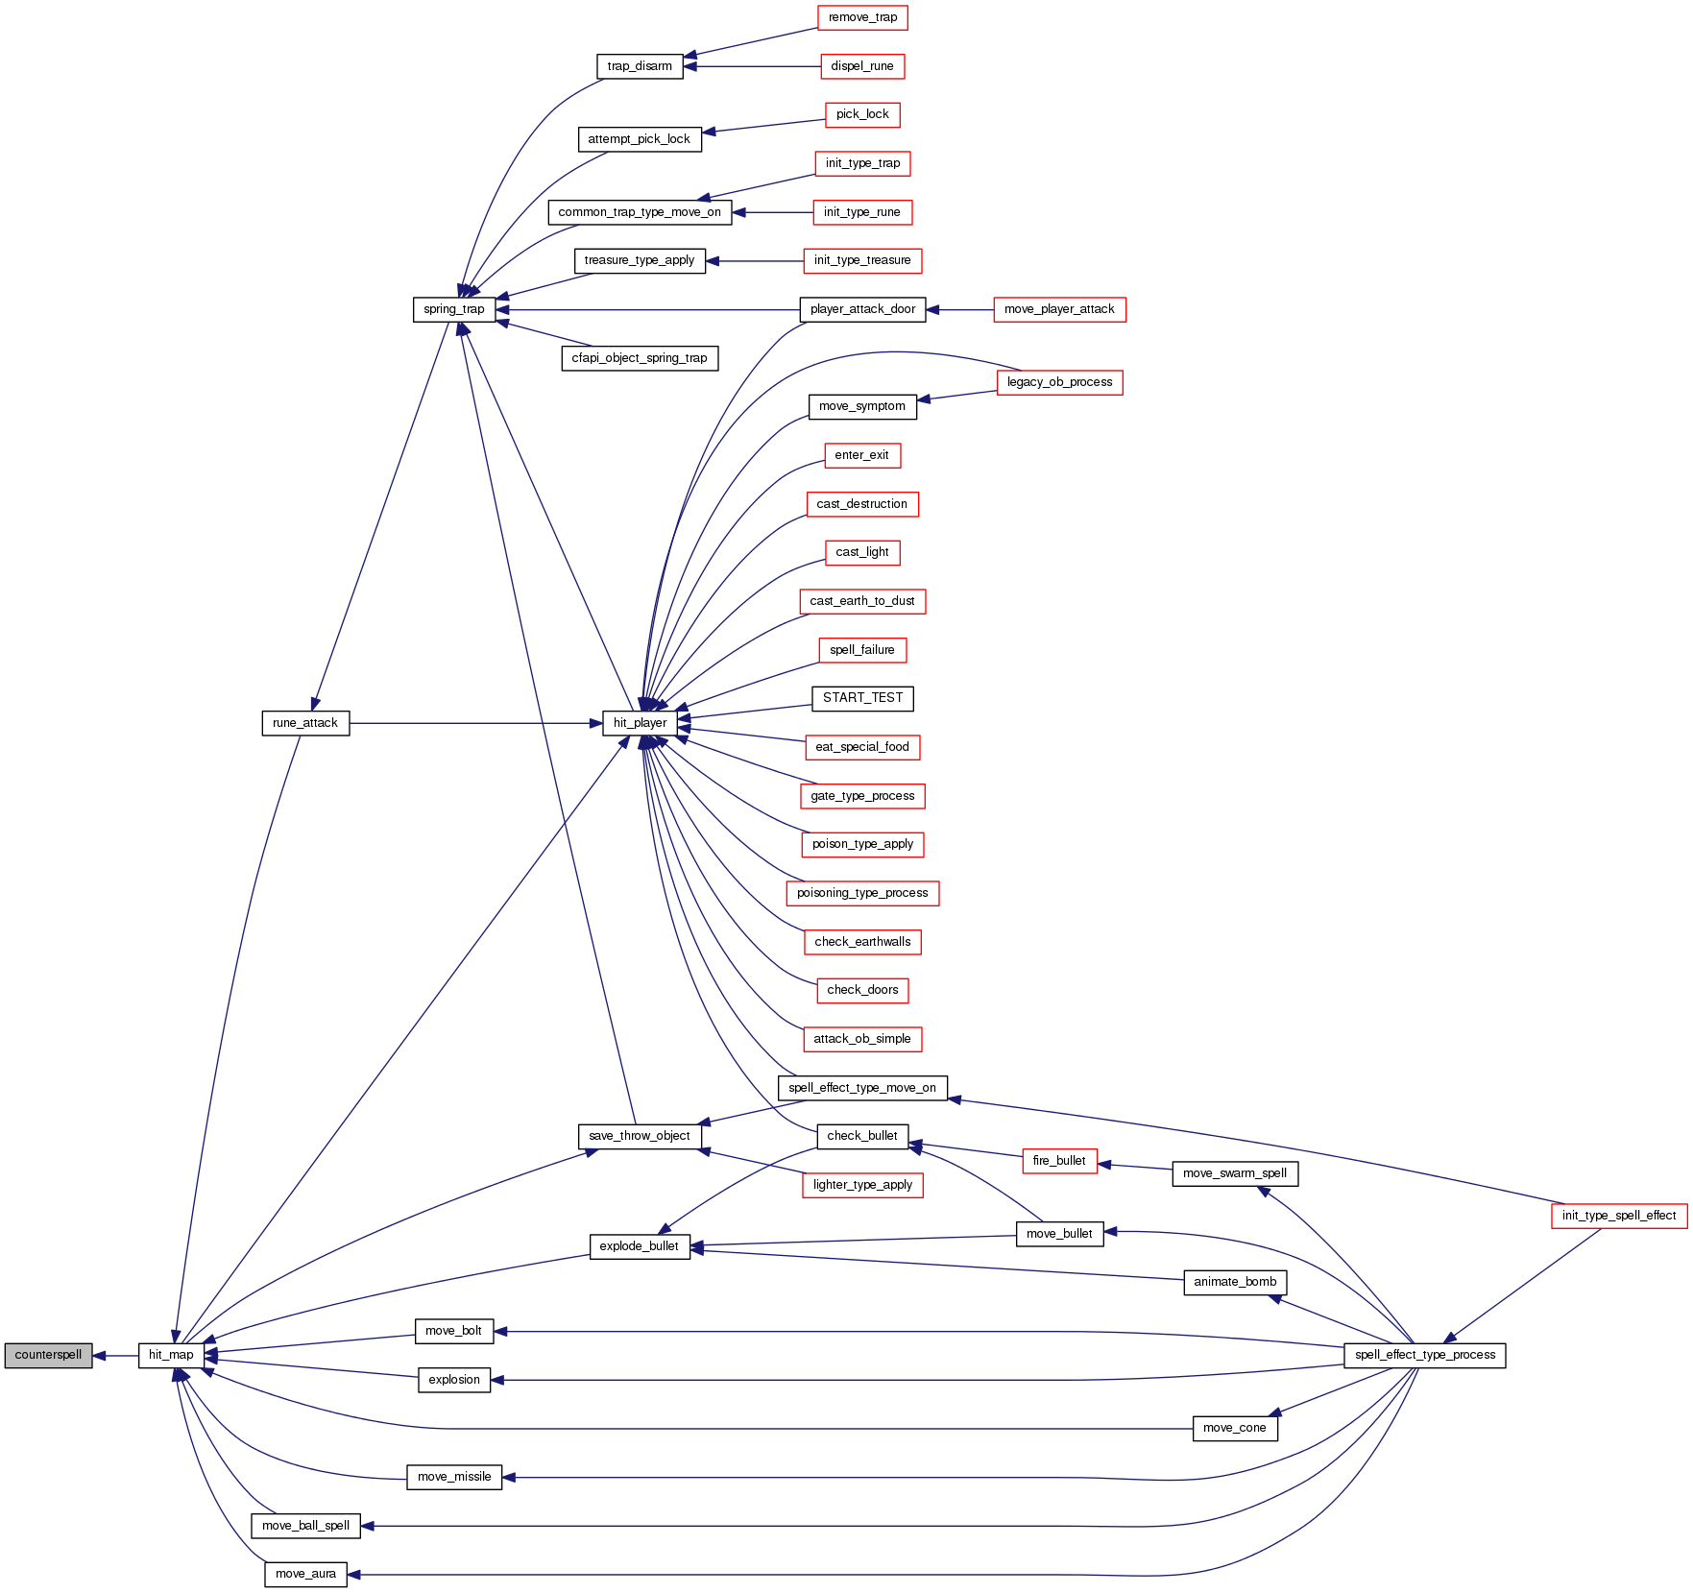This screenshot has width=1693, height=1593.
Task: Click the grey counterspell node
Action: pos(48,1355)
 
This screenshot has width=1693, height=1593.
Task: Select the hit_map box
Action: pos(171,1355)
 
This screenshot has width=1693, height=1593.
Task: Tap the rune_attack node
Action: pos(305,723)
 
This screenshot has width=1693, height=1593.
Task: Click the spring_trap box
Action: pos(454,309)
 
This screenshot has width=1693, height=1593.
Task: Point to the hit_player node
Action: pos(640,723)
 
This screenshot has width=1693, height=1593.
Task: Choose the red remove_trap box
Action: pos(862,17)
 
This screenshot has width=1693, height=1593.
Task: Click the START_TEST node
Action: pos(862,698)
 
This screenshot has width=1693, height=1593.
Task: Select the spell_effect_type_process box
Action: pos(1425,1355)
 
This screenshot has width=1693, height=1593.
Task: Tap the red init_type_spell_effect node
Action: pos(1619,1216)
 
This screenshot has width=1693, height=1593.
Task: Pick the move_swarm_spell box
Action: pos(1235,1173)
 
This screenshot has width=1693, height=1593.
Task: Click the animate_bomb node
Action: pos(1235,1282)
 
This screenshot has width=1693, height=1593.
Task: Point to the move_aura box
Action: pos(305,1574)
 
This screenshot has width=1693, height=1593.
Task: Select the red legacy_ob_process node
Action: pos(1059,382)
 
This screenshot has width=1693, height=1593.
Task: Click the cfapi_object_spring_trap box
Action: pos(640,358)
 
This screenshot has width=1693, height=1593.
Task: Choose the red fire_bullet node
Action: pos(1059,1161)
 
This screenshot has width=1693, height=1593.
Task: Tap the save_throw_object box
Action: pos(640,1136)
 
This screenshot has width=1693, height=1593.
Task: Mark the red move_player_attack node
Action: pos(1059,309)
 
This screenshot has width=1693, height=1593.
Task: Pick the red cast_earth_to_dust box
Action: pos(862,601)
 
